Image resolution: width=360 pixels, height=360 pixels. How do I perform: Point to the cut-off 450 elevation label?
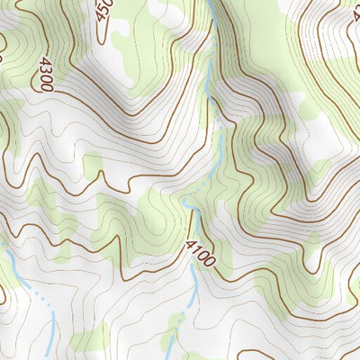(x=103, y=11)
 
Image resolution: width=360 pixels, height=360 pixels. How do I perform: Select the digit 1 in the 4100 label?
(x=196, y=249)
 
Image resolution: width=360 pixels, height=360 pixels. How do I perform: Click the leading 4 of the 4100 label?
(x=191, y=244)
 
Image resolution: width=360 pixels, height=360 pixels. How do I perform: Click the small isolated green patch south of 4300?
(x=92, y=163)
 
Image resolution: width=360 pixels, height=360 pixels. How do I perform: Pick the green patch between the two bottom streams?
(x=90, y=340)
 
